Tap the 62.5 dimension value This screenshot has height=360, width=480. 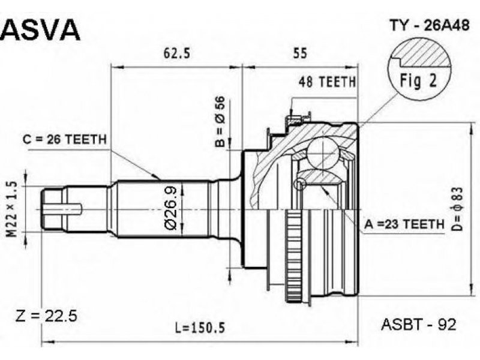(176, 53)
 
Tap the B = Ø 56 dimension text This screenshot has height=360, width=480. (220, 122)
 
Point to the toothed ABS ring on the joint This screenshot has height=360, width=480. (294, 258)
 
